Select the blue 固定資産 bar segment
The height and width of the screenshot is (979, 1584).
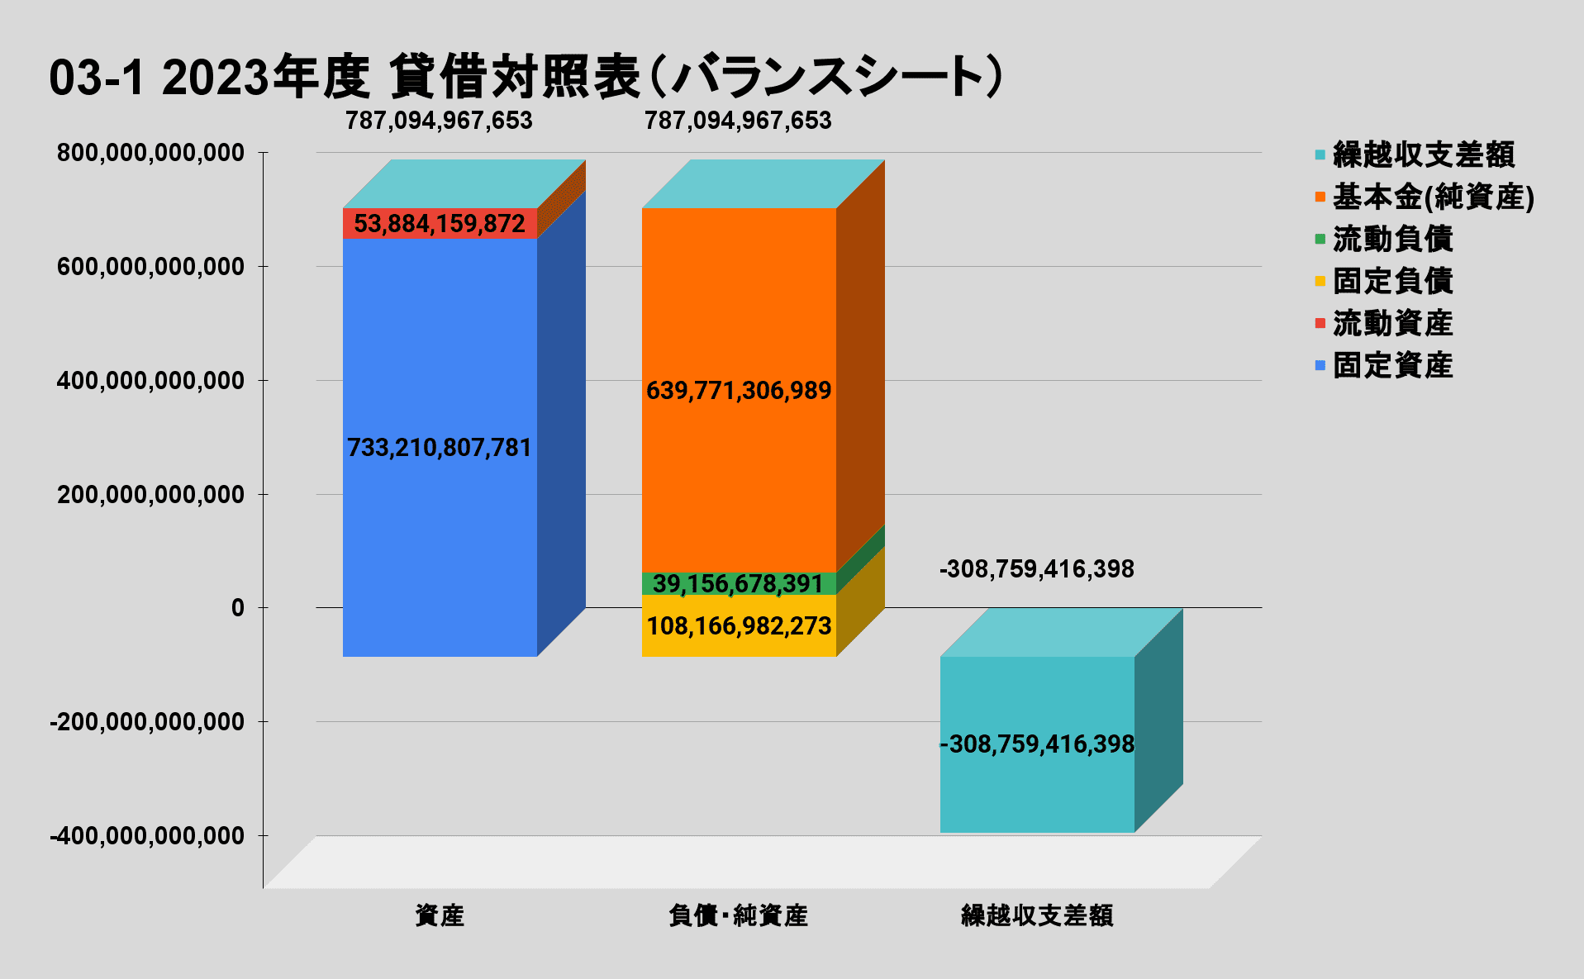[x=440, y=347]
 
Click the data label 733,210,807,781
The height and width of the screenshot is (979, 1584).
[x=440, y=448]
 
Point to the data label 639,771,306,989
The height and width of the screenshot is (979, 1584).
[x=739, y=390]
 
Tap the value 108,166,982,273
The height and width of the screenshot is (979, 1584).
[x=739, y=626]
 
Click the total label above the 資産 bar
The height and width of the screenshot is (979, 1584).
[x=440, y=121]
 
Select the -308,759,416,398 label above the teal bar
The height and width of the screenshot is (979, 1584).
[x=1037, y=569]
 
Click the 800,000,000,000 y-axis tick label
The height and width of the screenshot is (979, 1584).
[x=151, y=153]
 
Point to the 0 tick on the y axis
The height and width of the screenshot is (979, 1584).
[x=238, y=608]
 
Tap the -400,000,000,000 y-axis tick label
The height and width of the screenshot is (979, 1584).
[x=148, y=836]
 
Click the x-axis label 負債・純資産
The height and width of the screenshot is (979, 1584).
[x=739, y=915]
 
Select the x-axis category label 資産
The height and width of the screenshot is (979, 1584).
[x=440, y=915]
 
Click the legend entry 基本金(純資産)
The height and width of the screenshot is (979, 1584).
[x=1433, y=197]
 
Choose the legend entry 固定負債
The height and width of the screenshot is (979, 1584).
[x=1392, y=281]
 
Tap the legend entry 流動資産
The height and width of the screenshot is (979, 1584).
[x=1392, y=323]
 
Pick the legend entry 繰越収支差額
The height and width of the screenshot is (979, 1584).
[x=1423, y=154]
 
